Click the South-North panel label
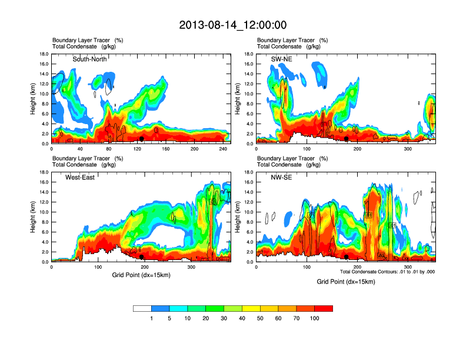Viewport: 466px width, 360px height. [89, 59]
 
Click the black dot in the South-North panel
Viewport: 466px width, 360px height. [141, 139]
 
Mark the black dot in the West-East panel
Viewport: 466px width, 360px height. [141, 256]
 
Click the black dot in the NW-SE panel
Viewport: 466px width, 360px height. [347, 256]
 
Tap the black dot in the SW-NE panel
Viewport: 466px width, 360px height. [347, 139]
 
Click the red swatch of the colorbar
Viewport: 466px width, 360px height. [324, 308]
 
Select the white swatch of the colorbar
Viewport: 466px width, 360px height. [142, 308]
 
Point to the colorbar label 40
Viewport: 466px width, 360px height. [242, 318]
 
